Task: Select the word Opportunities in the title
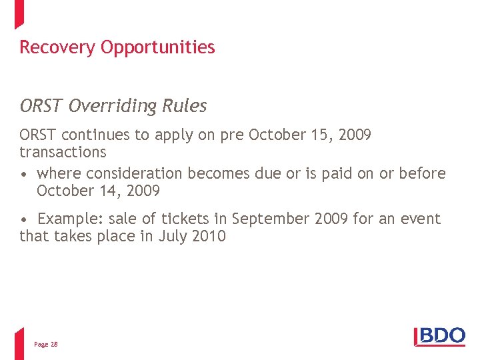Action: point(158,48)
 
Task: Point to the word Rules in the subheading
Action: point(189,106)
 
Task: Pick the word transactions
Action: point(63,152)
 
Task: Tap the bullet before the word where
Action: point(24,174)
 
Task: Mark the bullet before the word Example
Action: point(24,219)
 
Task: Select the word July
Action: point(173,236)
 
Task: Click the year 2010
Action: point(209,236)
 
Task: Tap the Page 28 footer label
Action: point(46,344)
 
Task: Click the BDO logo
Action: point(439,337)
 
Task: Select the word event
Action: point(421,219)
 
